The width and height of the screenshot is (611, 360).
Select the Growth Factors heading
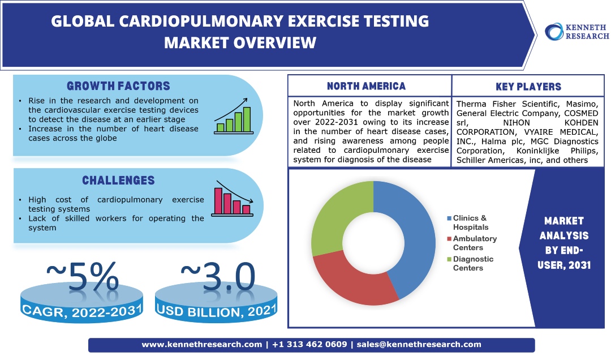(118, 86)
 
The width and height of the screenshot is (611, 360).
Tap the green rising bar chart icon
(233, 117)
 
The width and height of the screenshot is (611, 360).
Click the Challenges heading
(118, 180)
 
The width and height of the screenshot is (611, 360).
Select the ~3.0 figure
(218, 276)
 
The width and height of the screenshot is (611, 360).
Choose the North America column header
(367, 86)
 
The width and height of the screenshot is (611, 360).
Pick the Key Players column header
(528, 87)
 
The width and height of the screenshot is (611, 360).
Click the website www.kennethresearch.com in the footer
(202, 344)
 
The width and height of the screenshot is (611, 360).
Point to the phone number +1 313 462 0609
(309, 344)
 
